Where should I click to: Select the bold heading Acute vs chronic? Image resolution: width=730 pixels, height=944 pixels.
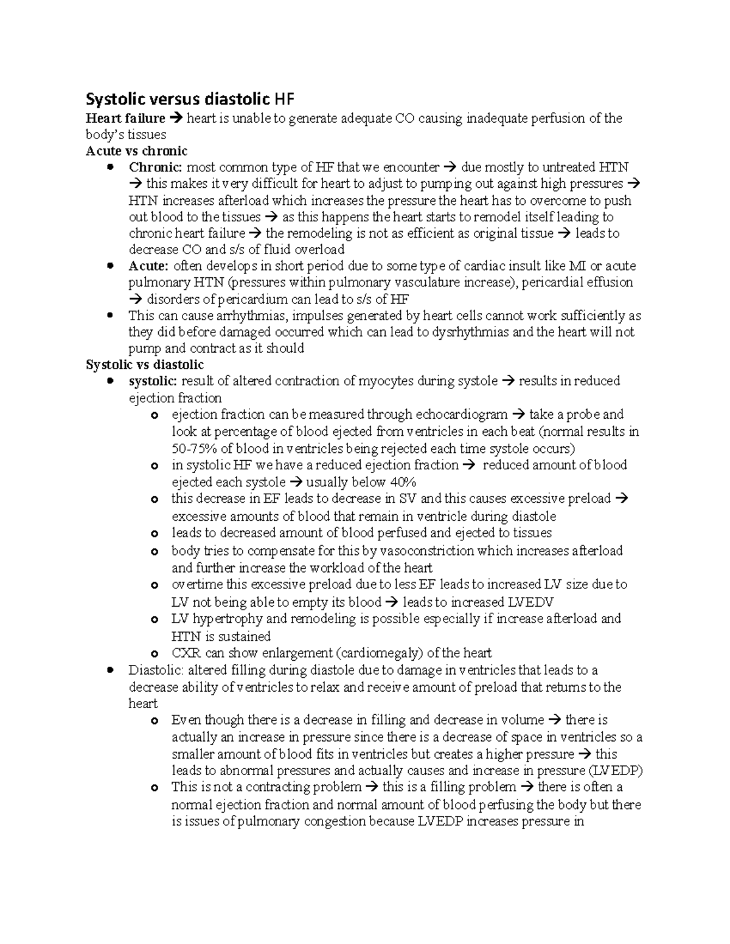(x=136, y=151)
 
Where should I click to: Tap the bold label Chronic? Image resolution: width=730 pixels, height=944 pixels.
(x=156, y=167)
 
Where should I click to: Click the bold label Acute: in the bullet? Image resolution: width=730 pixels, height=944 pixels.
(x=148, y=266)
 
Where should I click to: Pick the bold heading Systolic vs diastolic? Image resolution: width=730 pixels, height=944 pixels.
(x=145, y=365)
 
